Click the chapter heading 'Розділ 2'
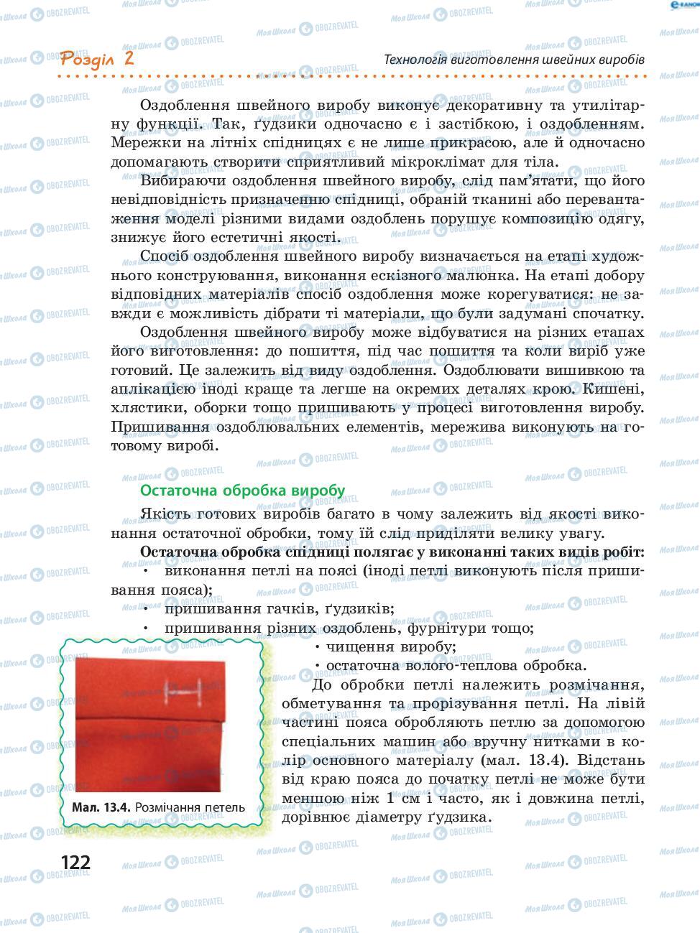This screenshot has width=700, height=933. click(x=98, y=58)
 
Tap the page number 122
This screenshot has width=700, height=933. click(x=76, y=862)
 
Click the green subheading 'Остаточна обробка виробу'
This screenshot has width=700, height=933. click(x=242, y=491)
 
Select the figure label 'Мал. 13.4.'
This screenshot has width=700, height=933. click(x=101, y=807)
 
